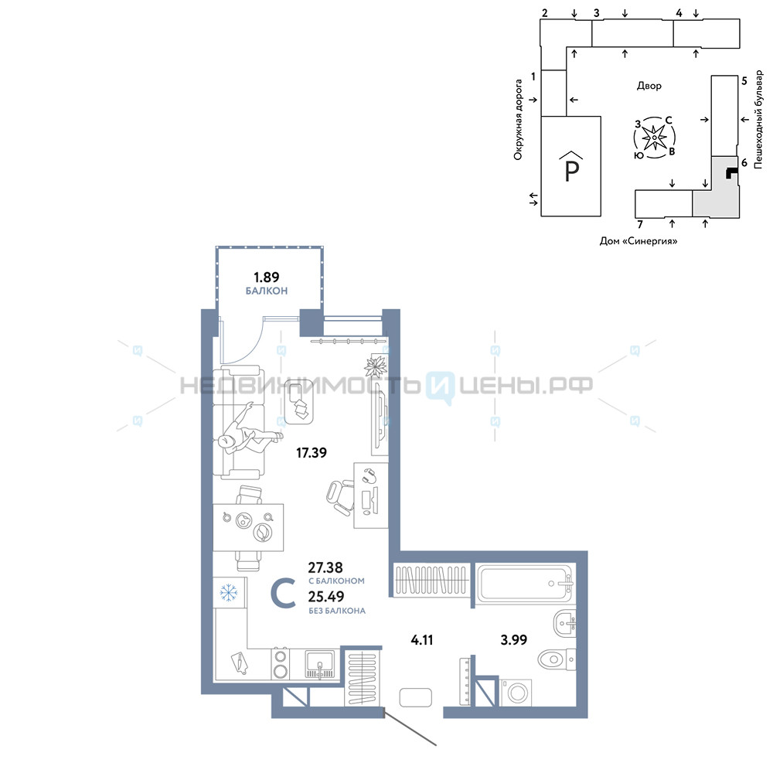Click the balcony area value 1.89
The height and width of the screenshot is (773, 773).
click(x=266, y=277)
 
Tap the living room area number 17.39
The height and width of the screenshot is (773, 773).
click(x=311, y=452)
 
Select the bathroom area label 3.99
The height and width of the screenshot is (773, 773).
click(x=514, y=640)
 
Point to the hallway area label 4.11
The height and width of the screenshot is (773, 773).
click(x=421, y=640)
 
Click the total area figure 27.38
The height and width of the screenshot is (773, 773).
click(x=325, y=567)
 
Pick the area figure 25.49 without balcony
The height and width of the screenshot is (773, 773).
click(x=326, y=597)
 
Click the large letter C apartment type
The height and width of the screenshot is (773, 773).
click(x=284, y=593)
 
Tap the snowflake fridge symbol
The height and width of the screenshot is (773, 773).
click(x=228, y=593)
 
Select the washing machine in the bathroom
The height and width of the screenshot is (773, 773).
click(x=516, y=693)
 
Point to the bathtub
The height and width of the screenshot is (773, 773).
click(x=526, y=584)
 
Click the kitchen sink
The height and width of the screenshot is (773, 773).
click(x=320, y=663)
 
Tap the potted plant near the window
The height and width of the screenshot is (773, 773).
click(x=376, y=366)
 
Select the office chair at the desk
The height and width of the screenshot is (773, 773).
click(x=341, y=497)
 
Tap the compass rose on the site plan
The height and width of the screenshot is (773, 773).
click(x=654, y=138)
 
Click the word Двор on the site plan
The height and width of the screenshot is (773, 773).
click(x=649, y=86)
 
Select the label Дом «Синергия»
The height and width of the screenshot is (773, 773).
click(x=638, y=241)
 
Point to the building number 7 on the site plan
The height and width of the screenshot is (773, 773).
click(x=640, y=224)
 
